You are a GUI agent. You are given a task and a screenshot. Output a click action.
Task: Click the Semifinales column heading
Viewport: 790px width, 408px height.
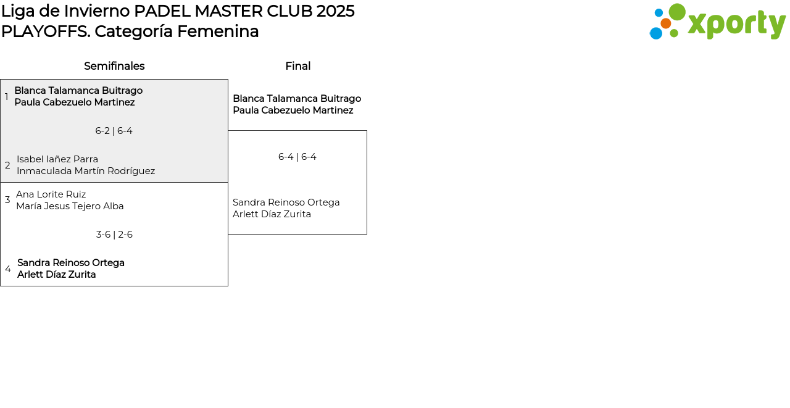[x=114, y=66]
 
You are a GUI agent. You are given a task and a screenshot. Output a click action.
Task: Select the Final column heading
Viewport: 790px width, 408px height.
[x=298, y=66]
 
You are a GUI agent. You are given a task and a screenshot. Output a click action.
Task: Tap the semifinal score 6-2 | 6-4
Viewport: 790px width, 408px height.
[x=114, y=131]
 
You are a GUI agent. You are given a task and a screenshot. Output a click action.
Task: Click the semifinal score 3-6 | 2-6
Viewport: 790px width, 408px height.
[x=114, y=235]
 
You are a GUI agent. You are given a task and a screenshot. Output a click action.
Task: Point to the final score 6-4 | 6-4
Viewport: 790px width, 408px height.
[x=297, y=157]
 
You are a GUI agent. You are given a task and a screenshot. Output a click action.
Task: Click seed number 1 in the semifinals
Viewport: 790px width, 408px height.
[x=6, y=96]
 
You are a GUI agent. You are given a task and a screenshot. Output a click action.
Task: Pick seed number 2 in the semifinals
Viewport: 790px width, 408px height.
[x=7, y=165]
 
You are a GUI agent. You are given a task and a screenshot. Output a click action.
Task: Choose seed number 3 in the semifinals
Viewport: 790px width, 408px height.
[x=7, y=200]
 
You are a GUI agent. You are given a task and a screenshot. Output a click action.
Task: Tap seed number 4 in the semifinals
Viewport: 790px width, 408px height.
[x=8, y=269]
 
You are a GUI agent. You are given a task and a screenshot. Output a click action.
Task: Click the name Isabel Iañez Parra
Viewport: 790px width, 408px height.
[x=57, y=159]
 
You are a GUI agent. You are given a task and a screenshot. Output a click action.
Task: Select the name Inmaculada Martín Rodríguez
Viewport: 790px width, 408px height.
[x=86, y=171]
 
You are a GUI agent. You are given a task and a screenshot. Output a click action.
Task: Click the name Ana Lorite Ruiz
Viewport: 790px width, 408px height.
[x=51, y=194]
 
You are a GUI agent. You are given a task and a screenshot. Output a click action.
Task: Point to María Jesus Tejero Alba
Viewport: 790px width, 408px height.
[x=70, y=206]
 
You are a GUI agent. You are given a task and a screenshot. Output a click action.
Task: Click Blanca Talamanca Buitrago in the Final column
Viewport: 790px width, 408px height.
[x=297, y=98]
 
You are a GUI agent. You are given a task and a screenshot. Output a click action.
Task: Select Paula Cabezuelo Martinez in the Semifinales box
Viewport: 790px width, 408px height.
[x=75, y=102]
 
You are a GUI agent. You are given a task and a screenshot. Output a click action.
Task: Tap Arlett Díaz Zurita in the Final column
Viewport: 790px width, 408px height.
[x=272, y=214]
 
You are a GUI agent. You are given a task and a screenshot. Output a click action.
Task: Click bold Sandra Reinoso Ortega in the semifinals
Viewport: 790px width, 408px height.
[x=71, y=263]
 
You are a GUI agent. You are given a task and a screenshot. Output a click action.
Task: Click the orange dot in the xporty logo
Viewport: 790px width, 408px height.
[x=666, y=23]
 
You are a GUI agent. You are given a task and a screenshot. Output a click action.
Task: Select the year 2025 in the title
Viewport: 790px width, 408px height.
[x=335, y=11]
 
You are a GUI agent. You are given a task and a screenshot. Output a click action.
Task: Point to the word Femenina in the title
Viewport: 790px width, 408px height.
[x=218, y=31]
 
